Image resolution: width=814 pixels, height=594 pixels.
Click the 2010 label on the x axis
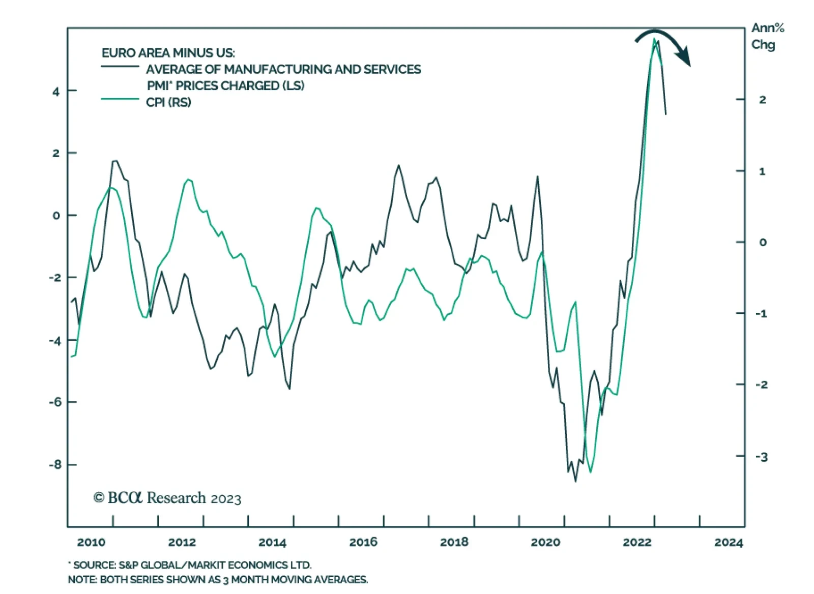(x=91, y=542)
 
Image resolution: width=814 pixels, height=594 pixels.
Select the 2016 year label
(x=363, y=542)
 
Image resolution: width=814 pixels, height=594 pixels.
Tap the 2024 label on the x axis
(x=728, y=543)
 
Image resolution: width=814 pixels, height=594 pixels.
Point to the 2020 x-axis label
(x=545, y=542)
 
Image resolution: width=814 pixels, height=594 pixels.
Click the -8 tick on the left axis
(x=55, y=465)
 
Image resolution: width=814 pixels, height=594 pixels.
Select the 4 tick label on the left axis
(x=56, y=92)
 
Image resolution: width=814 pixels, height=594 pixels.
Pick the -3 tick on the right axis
(x=761, y=457)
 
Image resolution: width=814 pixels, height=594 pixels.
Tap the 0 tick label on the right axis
(x=762, y=243)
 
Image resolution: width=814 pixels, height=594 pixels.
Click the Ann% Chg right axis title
(x=767, y=36)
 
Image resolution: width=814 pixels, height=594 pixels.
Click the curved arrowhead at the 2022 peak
(x=686, y=57)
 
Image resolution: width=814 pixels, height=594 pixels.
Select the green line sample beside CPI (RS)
(x=120, y=99)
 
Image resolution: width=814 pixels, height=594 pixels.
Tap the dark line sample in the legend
(x=120, y=67)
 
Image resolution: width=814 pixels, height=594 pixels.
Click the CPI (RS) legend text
(x=168, y=102)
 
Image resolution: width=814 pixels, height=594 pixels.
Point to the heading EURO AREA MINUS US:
(x=168, y=53)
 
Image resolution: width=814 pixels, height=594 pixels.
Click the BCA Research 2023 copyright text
(x=167, y=498)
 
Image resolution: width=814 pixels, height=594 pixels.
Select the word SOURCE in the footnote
(x=95, y=565)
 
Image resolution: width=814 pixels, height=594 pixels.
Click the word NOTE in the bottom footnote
(x=82, y=580)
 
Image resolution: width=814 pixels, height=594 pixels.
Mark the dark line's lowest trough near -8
(x=575, y=481)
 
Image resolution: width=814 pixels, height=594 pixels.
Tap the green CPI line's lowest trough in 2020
(x=590, y=472)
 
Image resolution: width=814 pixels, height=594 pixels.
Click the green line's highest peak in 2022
(x=654, y=39)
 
